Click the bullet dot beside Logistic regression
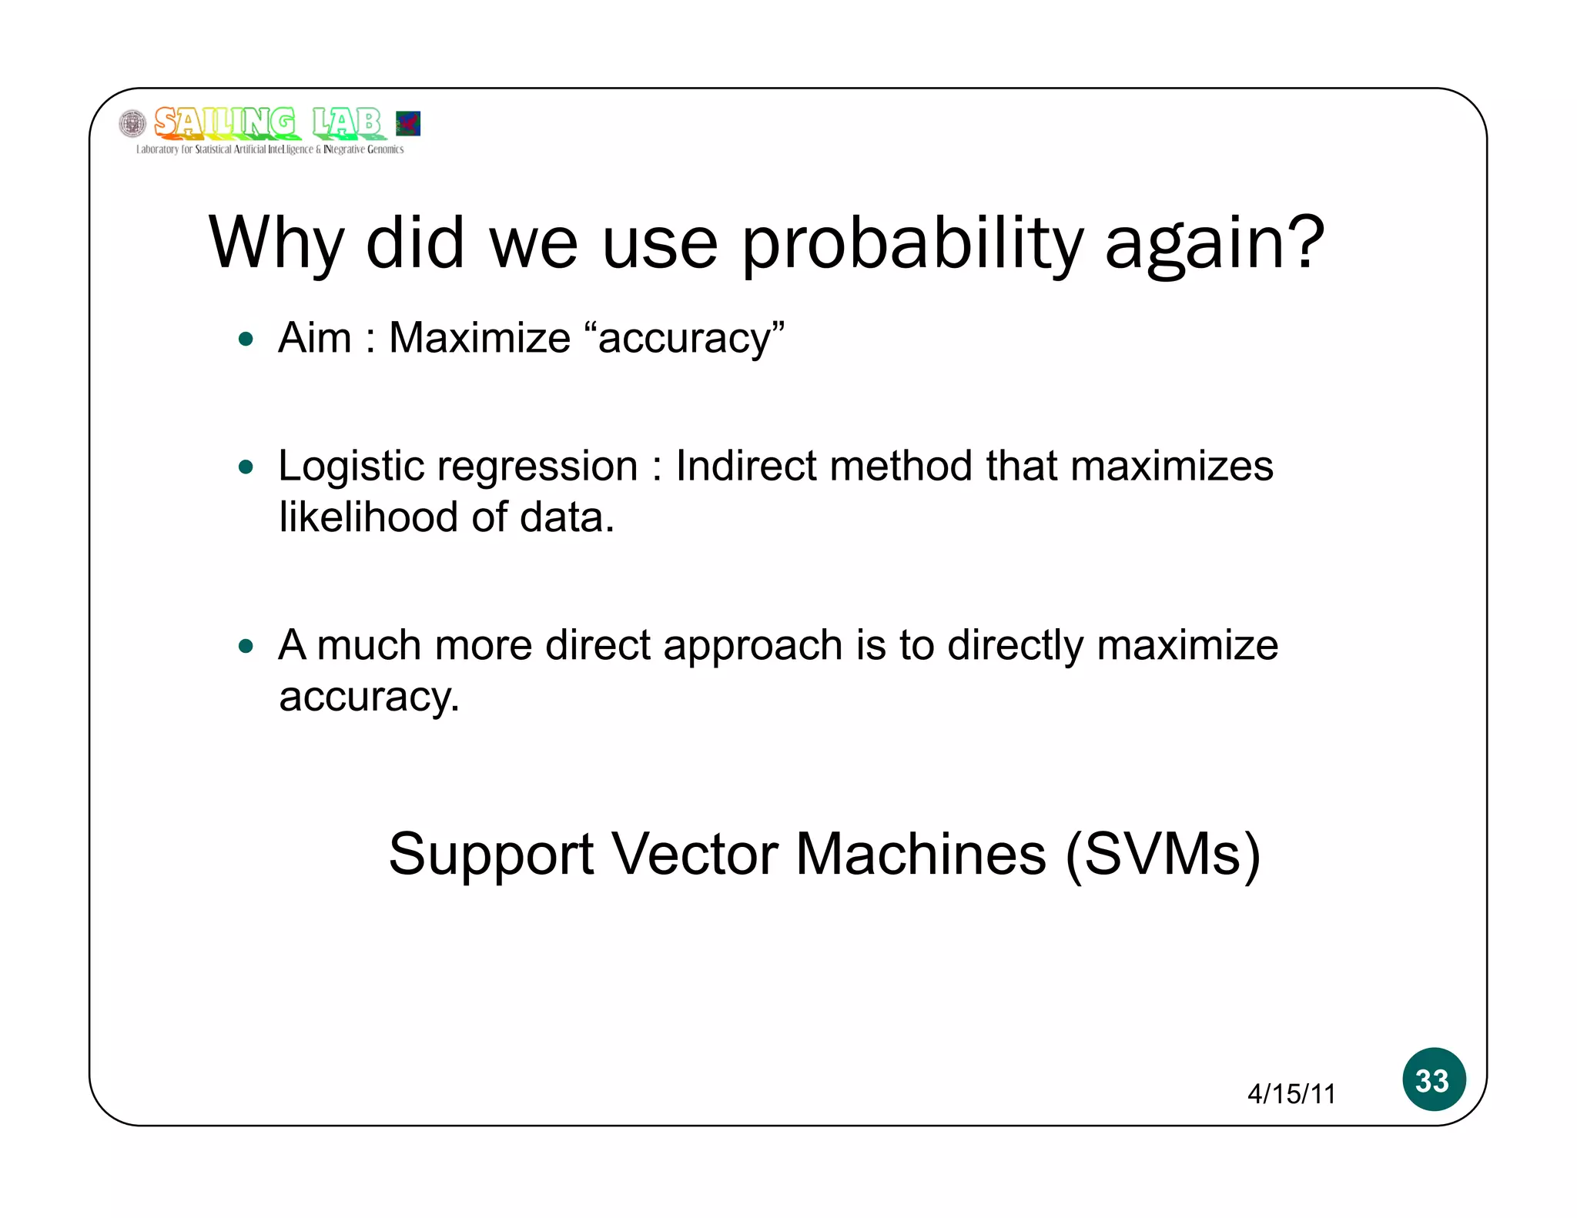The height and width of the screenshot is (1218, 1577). pos(246,467)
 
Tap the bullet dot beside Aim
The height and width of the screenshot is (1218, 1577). pos(246,339)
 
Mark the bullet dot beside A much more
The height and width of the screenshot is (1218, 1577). pos(246,645)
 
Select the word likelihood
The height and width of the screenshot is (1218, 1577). pos(368,517)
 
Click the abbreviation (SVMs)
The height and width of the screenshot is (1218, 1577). pos(1163,855)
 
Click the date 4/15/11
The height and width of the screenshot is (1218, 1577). pos(1291,1093)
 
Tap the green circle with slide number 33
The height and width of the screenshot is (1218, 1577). pos(1433,1079)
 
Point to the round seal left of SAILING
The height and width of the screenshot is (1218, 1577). pos(132,123)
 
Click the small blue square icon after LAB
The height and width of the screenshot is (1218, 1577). pos(407,123)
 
